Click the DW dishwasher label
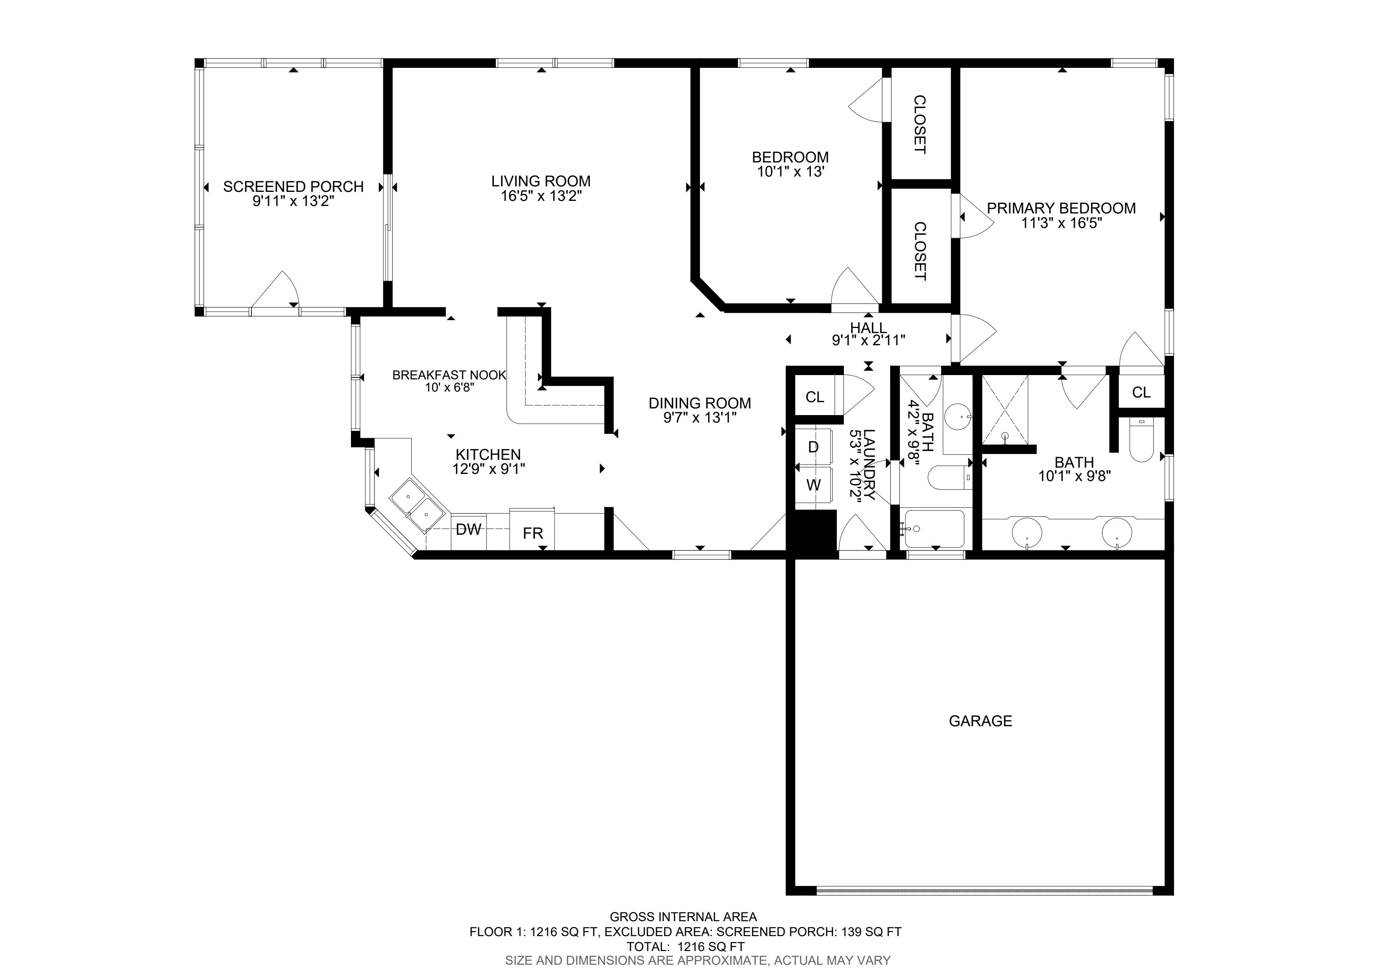tap(469, 529)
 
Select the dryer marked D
tap(813, 446)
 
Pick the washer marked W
tap(813, 485)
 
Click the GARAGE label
tap(980, 721)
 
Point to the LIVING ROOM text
tap(541, 181)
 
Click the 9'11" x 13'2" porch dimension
tap(293, 201)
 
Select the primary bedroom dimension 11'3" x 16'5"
tap(1062, 224)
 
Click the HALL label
tap(869, 328)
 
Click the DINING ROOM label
tap(700, 403)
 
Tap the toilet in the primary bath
tap(1141, 441)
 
